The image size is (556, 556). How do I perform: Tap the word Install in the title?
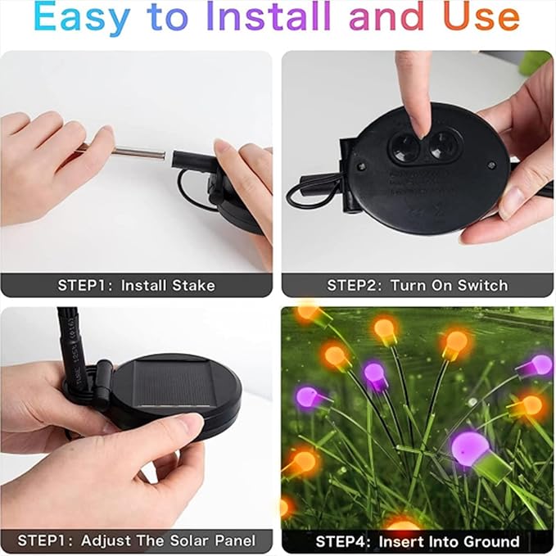[x=268, y=16]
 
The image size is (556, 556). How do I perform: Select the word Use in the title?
[x=481, y=16]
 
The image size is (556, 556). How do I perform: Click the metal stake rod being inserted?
[x=138, y=152]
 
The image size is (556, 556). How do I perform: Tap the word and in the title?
[x=386, y=16]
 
